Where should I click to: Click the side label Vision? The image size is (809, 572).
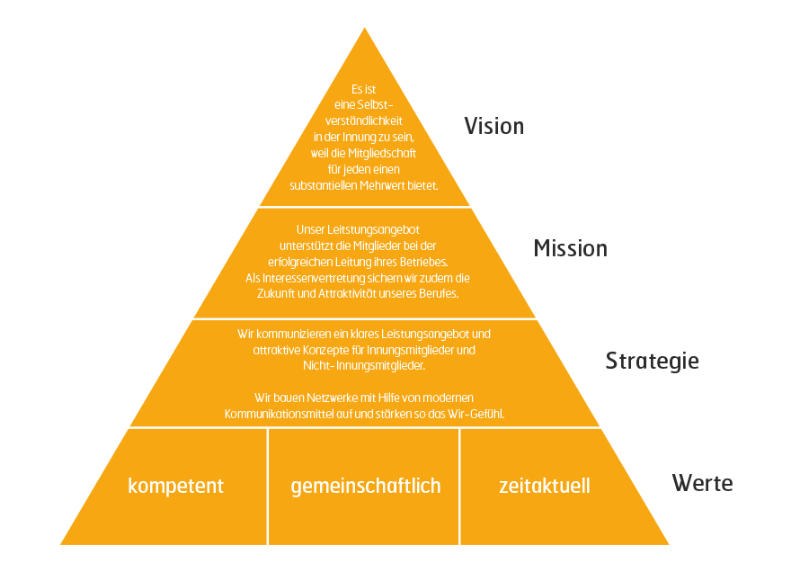[493, 126]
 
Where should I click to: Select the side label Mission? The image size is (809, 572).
[570, 248]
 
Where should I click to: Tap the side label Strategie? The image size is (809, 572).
[653, 361]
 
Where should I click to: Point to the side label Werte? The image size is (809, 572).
[702, 483]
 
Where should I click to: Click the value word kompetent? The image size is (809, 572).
[176, 486]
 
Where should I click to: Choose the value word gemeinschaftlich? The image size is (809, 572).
[366, 486]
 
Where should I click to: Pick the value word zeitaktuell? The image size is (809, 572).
[545, 486]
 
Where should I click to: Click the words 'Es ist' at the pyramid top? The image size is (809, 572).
[364, 89]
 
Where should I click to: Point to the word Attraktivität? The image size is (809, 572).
[347, 294]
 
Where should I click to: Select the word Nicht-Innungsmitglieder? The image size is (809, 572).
[364, 365]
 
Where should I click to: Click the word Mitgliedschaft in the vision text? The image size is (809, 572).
[382, 153]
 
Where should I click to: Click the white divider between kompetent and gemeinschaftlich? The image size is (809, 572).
[268, 487]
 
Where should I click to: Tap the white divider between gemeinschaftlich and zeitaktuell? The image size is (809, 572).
[459, 487]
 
